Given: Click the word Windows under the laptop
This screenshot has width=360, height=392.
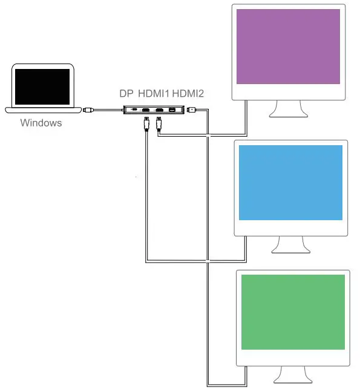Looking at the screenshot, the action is click(x=41, y=123).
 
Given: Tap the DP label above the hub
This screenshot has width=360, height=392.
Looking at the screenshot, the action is click(x=126, y=94).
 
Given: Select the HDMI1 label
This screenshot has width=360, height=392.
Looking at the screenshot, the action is click(x=154, y=94).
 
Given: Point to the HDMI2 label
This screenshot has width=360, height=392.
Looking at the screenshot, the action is click(x=188, y=94).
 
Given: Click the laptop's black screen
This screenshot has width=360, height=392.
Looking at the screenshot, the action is click(x=42, y=87).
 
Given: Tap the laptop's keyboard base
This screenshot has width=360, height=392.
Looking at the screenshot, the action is click(x=43, y=110).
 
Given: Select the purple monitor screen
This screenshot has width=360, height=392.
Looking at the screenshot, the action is click(x=288, y=47).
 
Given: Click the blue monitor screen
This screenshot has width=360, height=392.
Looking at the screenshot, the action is click(x=290, y=183).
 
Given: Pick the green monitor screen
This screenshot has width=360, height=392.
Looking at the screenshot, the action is click(x=293, y=312).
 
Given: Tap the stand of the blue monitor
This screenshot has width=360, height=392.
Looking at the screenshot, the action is click(x=291, y=245).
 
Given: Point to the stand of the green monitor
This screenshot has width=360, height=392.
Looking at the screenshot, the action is click(x=293, y=375).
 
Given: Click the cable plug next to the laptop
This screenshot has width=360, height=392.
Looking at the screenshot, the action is click(x=88, y=109).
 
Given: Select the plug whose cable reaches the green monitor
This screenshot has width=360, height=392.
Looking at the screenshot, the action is click(x=192, y=109).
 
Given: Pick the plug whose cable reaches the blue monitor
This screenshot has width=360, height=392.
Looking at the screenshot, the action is click(x=146, y=123).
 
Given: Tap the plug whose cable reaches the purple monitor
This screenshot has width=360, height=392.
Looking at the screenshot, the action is click(x=159, y=123).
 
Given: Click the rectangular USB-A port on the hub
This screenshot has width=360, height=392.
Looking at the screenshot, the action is click(x=172, y=109).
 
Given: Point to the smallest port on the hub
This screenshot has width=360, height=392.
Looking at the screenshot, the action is click(x=134, y=109).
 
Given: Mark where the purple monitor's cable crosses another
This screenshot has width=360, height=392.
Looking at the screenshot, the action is click(x=208, y=136).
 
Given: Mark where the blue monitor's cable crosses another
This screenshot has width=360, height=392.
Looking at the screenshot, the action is click(x=208, y=261).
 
